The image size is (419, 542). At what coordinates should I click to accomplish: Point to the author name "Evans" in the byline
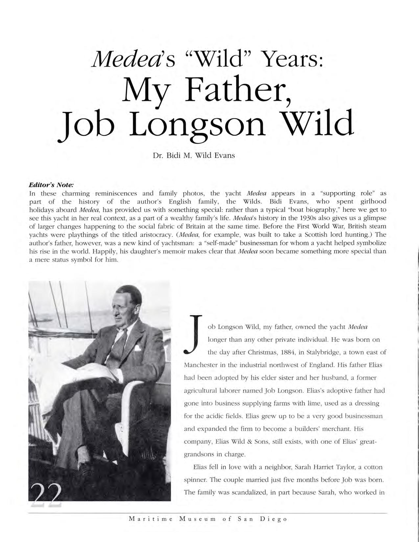[224, 155]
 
